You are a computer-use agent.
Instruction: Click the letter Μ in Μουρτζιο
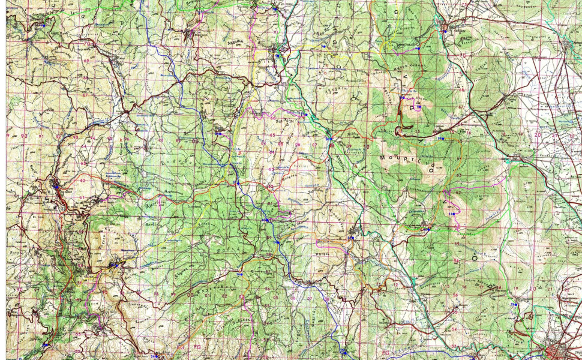point(383,157)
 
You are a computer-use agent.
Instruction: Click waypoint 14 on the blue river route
point(277,242)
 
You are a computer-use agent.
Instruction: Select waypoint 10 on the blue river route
point(264,220)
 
